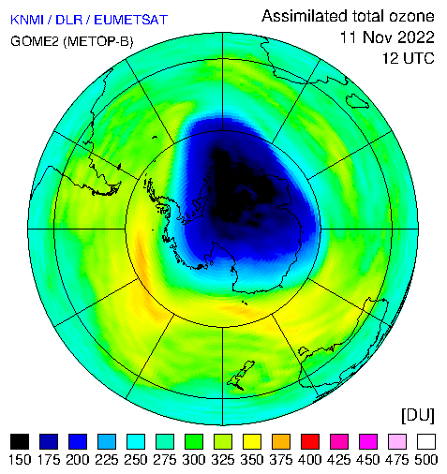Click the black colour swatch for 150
(20, 441)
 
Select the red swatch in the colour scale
(310, 441)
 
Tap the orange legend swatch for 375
(281, 441)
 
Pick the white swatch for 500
(426, 441)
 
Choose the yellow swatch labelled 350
(252, 441)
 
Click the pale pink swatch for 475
(397, 441)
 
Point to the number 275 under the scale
(165, 460)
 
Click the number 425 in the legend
(339, 460)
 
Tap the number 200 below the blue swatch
(78, 460)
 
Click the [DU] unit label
(418, 416)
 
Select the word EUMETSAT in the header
(131, 20)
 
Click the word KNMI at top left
(26, 20)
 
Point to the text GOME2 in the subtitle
(35, 41)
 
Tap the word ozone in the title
(411, 16)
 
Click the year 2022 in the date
(416, 37)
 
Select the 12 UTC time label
(409, 58)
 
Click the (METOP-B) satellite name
(98, 41)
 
